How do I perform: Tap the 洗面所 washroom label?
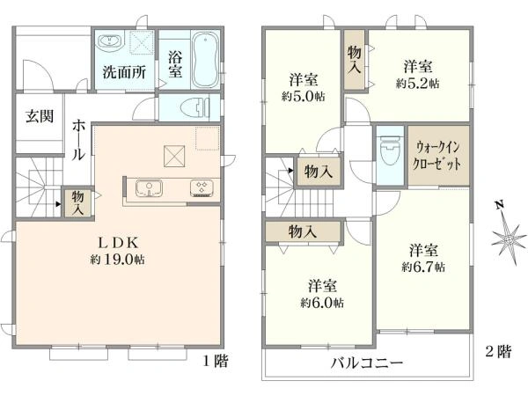tap(124, 72)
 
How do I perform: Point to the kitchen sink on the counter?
tap(149, 187)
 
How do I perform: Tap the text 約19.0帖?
tap(117, 260)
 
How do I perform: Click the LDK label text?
tap(116, 243)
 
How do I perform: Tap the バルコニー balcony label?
tap(367, 363)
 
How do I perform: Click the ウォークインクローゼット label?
tap(439, 157)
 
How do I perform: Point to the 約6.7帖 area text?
tap(423, 266)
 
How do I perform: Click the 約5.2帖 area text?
tap(417, 84)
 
